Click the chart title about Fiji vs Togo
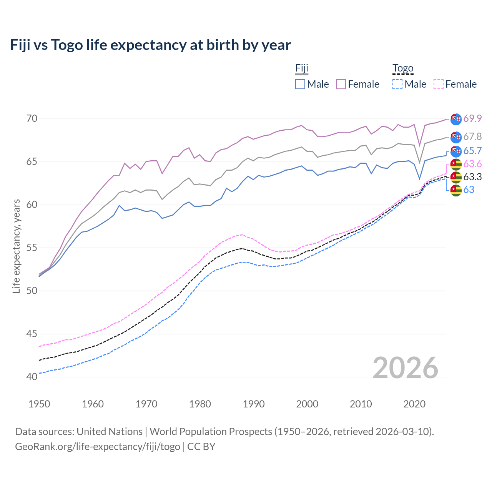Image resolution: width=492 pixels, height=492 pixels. click(x=150, y=45)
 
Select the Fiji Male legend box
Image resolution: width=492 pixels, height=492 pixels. click(x=300, y=84)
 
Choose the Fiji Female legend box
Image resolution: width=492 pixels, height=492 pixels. click(x=341, y=84)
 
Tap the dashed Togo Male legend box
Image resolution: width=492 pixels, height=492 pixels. click(x=397, y=84)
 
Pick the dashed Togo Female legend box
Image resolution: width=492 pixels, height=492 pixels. click(x=439, y=84)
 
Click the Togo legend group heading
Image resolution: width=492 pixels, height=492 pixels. click(x=403, y=69)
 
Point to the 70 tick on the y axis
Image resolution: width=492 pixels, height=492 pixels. click(x=32, y=118)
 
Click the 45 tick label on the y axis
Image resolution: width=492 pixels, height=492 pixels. click(x=32, y=334)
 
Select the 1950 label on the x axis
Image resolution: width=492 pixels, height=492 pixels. click(x=39, y=404)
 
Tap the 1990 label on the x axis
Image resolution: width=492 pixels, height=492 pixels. click(x=254, y=404)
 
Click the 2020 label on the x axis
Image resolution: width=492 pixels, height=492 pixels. click(x=414, y=404)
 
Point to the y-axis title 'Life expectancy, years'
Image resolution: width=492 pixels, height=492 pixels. click(x=16, y=246)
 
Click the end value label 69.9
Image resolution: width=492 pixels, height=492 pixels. click(x=472, y=118)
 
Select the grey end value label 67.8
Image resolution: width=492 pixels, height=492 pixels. click(x=472, y=136)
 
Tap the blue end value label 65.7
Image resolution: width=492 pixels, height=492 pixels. click(x=472, y=151)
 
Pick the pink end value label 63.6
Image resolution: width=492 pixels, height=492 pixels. click(x=472, y=164)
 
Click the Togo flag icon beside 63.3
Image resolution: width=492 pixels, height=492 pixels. click(x=456, y=177)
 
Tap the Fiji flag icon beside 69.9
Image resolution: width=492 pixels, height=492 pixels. click(x=456, y=119)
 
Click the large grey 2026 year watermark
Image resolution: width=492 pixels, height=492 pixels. click(x=405, y=368)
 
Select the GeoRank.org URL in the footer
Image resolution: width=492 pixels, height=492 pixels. click(x=98, y=447)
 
